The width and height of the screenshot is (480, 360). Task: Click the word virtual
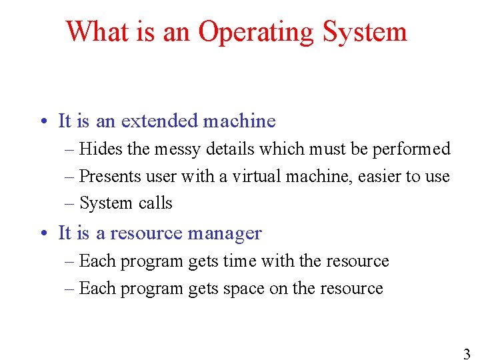(x=243, y=176)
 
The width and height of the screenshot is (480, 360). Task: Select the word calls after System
(x=155, y=203)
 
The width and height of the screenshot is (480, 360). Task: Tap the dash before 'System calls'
(x=70, y=203)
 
